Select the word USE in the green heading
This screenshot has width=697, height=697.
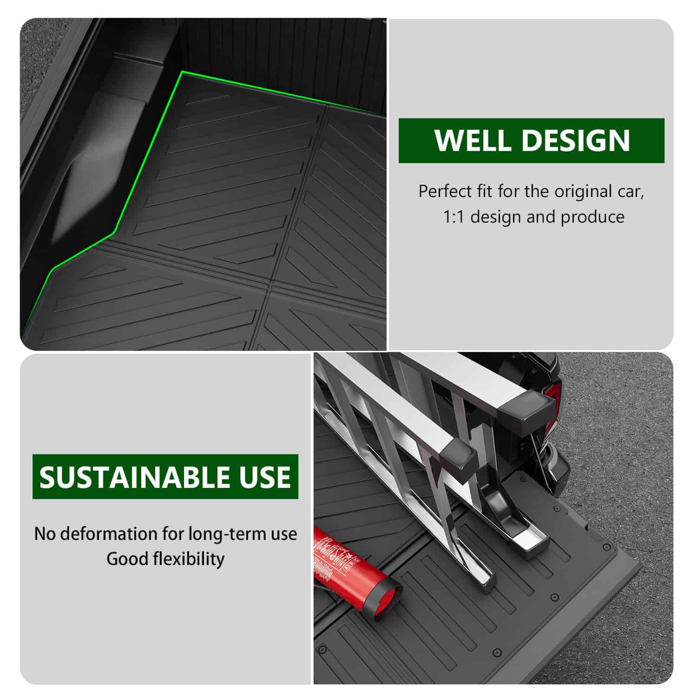pyautogui.click(x=266, y=477)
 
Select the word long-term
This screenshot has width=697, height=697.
pyautogui.click(x=228, y=534)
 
